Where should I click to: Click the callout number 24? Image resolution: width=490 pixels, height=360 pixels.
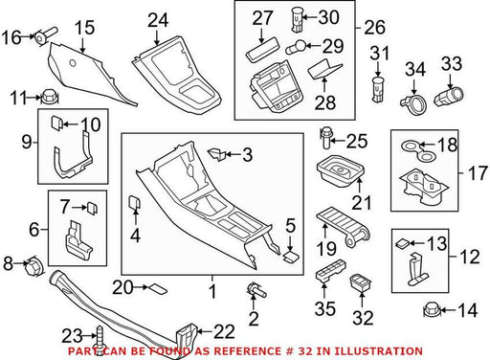(x=158, y=20)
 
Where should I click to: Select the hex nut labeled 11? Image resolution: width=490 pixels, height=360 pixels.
(x=50, y=97)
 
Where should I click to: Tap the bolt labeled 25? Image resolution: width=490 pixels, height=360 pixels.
(x=325, y=138)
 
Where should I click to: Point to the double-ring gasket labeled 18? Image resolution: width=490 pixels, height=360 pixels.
(x=418, y=150)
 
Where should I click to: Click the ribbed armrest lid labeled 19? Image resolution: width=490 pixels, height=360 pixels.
(x=344, y=226)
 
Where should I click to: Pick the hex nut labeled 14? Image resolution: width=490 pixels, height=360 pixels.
(x=432, y=309)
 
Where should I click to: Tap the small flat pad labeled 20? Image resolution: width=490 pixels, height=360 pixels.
(x=158, y=288)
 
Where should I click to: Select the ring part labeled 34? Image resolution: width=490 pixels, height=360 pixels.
(x=413, y=104)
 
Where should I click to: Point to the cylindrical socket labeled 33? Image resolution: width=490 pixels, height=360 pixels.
(x=448, y=96)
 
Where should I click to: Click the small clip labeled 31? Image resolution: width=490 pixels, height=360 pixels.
(x=378, y=89)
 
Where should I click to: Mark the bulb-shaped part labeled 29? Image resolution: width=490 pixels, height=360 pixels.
(x=296, y=47)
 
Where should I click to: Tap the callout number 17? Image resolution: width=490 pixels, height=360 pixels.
(x=478, y=173)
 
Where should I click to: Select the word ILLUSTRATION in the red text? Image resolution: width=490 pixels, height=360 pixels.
(x=369, y=351)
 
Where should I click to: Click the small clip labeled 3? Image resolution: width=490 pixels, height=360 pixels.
(x=217, y=154)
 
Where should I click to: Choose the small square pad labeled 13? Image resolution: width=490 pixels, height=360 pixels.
(x=403, y=244)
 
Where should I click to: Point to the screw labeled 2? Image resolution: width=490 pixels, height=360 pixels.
(x=256, y=289)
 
